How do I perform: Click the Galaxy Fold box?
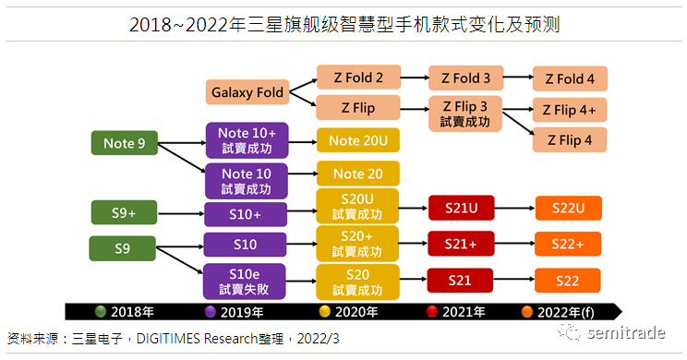pos(247,92)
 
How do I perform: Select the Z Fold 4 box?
pos(570,78)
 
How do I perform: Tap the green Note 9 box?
pos(125,143)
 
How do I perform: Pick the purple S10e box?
pos(245,282)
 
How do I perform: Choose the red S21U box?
pos(462,208)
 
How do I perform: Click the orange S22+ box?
pos(568,244)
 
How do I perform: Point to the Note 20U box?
pos(358,140)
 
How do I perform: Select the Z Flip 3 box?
pos(465,114)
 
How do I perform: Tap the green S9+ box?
pos(124,212)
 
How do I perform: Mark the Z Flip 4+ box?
pos(570,110)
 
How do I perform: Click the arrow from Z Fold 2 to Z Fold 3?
pos(415,78)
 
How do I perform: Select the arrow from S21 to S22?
pos(514,279)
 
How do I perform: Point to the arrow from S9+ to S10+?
pos(181,214)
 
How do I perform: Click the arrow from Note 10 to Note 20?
pos(303,174)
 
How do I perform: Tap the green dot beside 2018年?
pos(101,311)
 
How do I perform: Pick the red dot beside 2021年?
pos(432,311)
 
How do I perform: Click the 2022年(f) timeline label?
pos(566,312)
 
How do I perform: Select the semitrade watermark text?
pos(626,333)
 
